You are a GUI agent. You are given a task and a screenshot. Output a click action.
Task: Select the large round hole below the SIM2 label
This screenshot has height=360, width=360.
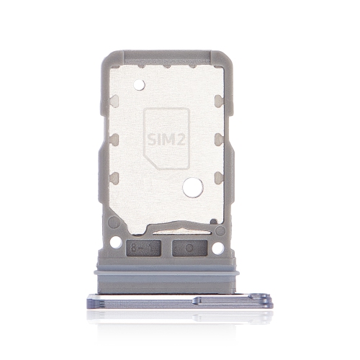point(192,189)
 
